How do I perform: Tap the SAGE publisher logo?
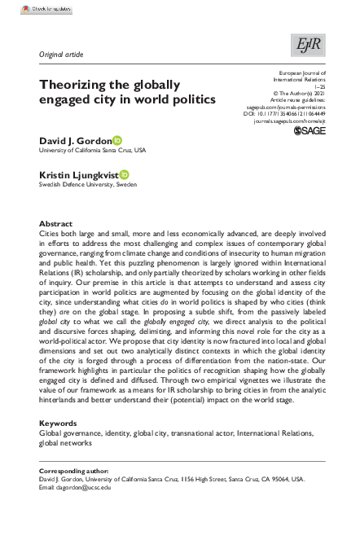tap(308, 130)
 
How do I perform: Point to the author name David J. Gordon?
tap(74, 140)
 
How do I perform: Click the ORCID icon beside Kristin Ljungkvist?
tap(124, 174)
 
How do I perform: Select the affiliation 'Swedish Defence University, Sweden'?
tap(88, 185)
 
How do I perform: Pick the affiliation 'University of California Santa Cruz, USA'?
tap(93, 151)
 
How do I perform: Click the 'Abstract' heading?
tap(55, 223)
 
